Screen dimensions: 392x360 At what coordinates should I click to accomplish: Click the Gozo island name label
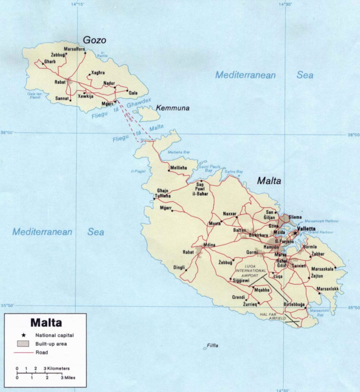point(94,40)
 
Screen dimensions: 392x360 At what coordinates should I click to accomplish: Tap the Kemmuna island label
point(173,108)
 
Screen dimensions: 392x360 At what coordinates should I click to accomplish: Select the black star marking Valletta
point(295,233)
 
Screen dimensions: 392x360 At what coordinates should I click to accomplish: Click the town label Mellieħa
point(179,168)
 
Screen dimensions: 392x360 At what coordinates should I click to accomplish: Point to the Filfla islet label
point(213,345)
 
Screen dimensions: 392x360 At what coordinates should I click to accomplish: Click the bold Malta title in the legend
point(46,323)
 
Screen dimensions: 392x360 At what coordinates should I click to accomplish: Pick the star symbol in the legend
point(24,335)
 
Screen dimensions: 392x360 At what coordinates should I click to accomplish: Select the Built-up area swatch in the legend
point(23,344)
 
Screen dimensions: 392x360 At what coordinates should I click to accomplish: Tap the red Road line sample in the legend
point(23,353)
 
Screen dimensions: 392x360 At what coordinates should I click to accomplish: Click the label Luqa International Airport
point(251,271)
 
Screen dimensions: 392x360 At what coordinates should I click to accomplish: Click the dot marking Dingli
point(185,270)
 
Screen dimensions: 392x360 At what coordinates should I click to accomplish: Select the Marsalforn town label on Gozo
point(74,49)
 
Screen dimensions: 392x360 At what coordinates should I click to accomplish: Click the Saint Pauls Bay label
point(209,168)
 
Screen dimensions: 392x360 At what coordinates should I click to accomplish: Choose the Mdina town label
point(209,245)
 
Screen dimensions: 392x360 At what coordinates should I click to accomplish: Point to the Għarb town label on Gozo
point(50,61)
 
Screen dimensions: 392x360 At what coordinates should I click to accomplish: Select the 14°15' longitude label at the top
point(77,4)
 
